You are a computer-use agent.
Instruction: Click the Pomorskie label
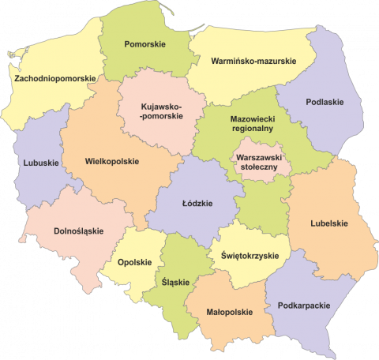click(x=145, y=44)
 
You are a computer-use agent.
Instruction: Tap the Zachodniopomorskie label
click(x=55, y=78)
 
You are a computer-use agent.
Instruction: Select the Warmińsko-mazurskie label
click(x=253, y=60)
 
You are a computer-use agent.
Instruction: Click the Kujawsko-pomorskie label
click(x=161, y=111)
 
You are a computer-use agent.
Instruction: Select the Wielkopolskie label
click(x=111, y=161)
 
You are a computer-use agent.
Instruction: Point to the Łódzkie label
click(x=197, y=203)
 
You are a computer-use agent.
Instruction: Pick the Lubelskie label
click(x=329, y=223)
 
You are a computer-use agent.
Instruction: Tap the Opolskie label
click(x=133, y=263)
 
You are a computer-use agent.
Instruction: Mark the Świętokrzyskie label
click(x=250, y=256)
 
